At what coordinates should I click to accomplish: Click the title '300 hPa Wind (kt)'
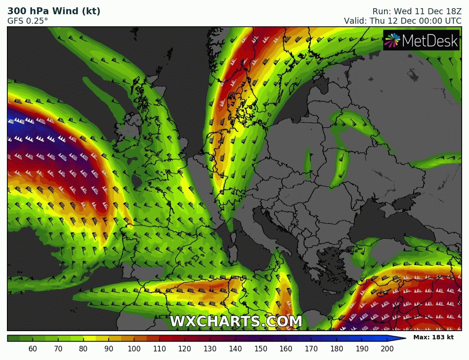point(54,11)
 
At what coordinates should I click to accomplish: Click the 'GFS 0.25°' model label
point(28,21)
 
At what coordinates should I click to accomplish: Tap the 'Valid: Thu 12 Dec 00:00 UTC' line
point(403,21)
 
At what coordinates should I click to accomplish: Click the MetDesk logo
point(421,41)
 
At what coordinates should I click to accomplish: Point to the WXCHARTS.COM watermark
point(236,322)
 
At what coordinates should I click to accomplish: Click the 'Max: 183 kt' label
point(433,337)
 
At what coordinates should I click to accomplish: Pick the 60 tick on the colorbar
point(33,348)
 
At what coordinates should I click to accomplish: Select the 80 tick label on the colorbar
point(84,348)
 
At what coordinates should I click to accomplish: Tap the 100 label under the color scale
point(134,348)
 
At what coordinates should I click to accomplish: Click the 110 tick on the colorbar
point(159,348)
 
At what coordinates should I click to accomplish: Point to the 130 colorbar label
point(210,348)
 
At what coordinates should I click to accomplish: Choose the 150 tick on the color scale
point(261,348)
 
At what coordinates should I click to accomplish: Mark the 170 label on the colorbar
point(311,348)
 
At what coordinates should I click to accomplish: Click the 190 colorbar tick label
point(362,348)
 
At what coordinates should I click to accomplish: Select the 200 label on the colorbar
point(387,348)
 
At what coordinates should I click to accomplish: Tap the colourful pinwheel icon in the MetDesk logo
point(392,41)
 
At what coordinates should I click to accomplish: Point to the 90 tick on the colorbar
point(109,348)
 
